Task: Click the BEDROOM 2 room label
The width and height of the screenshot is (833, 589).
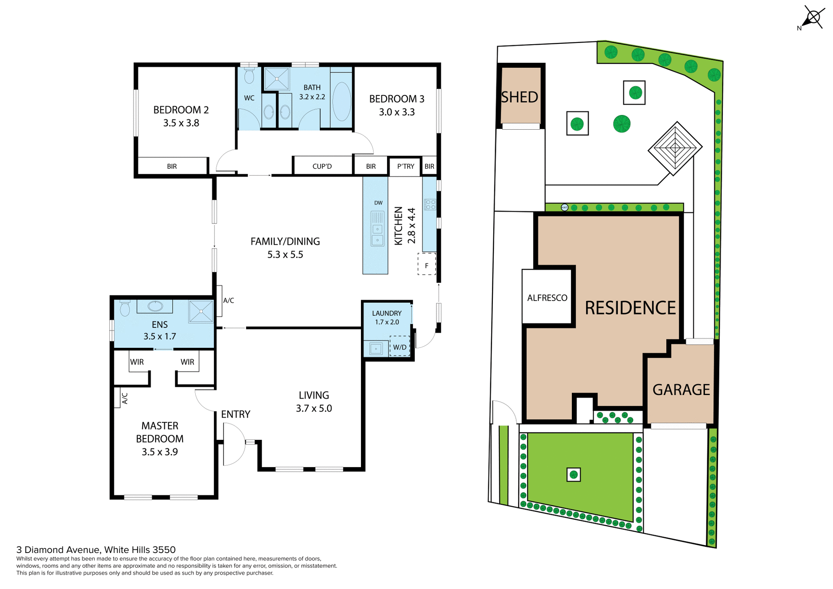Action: (x=181, y=110)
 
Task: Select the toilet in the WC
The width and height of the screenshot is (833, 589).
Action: (x=249, y=77)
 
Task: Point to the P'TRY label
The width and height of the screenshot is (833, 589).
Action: (x=406, y=167)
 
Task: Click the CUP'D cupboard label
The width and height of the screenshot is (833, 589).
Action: (x=322, y=167)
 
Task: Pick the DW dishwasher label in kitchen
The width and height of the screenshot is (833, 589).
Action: (x=378, y=203)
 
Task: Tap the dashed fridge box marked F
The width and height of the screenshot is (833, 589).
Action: (x=426, y=265)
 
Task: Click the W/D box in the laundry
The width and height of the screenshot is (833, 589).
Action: (x=400, y=347)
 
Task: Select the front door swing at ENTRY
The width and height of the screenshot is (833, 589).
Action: (x=233, y=444)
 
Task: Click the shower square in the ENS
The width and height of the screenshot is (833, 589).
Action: (x=201, y=311)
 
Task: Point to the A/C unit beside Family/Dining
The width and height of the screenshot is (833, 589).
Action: (x=220, y=300)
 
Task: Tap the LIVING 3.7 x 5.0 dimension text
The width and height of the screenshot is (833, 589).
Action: (x=314, y=409)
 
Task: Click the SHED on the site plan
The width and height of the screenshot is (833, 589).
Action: (x=520, y=97)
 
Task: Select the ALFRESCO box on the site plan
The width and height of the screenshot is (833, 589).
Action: (x=547, y=298)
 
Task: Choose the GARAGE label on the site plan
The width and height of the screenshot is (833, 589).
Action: (x=681, y=389)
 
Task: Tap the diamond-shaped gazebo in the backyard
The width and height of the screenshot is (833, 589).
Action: (x=675, y=149)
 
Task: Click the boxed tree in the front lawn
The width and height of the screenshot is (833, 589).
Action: (x=574, y=474)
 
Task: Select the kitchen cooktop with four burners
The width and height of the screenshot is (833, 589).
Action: (x=430, y=204)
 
